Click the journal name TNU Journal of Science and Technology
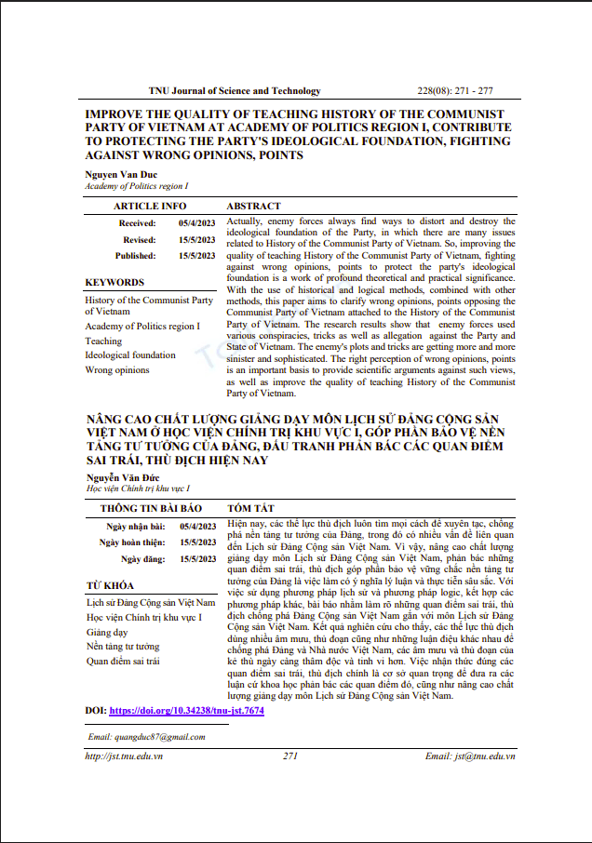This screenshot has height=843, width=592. point(235,91)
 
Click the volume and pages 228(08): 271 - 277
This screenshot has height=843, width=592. point(455,91)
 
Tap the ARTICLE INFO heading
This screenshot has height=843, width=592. point(150,206)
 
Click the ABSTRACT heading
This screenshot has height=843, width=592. point(254,206)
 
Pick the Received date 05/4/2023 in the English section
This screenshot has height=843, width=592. point(196,223)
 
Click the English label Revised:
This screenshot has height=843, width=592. point(140,239)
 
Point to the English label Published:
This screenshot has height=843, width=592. point(136,255)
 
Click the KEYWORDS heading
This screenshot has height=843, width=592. point(114,282)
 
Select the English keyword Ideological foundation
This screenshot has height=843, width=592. point(130,355)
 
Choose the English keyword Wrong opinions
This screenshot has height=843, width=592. point(116,369)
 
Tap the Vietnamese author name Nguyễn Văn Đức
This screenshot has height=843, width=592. point(118,476)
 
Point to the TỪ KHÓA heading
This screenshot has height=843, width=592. point(109,585)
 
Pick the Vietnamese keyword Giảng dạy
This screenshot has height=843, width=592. point(106,631)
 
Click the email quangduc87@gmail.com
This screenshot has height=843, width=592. point(146,737)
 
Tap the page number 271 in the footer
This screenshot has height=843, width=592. point(290,756)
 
